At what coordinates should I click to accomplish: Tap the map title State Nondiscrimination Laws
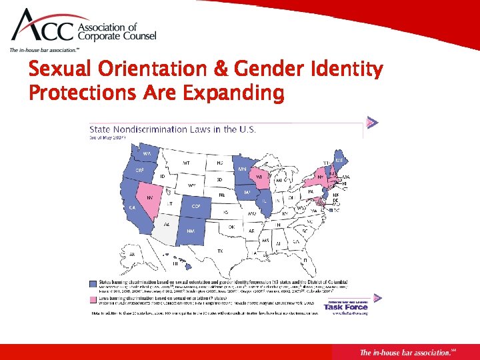173,129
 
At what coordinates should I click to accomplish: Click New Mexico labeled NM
190,231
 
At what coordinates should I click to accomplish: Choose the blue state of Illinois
266,201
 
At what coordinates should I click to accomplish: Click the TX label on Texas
220,250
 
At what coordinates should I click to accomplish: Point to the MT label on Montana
186,163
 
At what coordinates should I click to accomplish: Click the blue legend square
93,283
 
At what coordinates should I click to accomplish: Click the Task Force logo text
347,307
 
